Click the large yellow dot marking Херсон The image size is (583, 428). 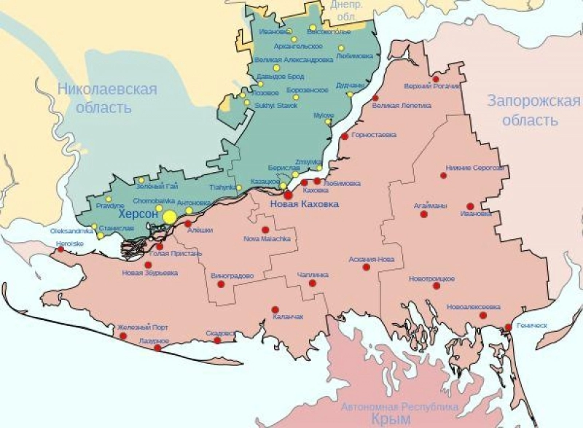click(170, 217)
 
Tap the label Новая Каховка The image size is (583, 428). click(304, 205)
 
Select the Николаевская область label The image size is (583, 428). click(107, 98)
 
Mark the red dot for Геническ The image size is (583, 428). click(508, 327)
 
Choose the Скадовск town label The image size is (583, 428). click(221, 332)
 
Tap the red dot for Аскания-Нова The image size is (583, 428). click(367, 267)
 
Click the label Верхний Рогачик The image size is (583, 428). click(436, 87)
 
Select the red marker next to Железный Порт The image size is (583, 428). click(122, 336)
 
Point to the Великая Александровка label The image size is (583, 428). click(294, 59)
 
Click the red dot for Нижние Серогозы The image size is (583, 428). click(443, 175)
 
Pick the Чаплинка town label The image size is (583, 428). click(313, 275)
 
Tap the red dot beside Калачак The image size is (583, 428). click(275, 309)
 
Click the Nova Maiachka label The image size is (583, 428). click(267, 238)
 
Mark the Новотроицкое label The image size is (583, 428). click(432, 279)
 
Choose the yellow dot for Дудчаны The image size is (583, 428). click(350, 94)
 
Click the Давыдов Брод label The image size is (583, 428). click(280, 76)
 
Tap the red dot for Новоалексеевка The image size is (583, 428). click(482, 315)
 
